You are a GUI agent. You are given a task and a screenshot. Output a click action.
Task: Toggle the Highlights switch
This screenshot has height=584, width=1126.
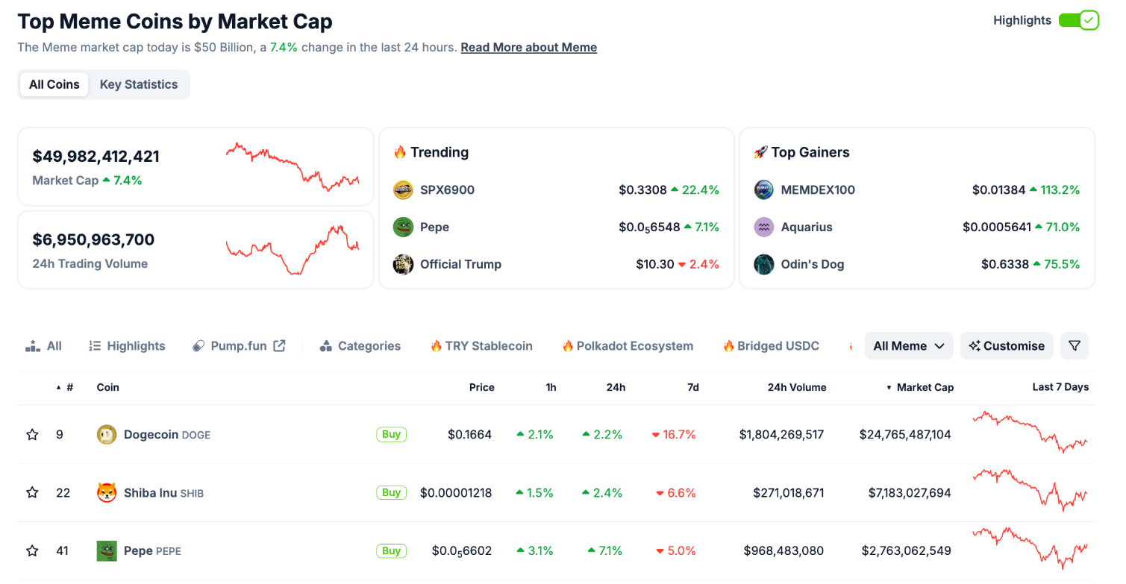click(1078, 20)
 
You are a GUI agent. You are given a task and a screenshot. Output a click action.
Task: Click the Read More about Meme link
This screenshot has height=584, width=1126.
click(528, 47)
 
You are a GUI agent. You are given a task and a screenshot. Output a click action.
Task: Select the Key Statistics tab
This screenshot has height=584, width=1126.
click(139, 84)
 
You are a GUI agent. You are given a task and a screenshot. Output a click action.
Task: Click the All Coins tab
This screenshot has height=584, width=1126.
click(54, 84)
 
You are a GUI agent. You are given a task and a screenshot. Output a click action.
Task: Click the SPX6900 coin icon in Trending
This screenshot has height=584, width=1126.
click(403, 190)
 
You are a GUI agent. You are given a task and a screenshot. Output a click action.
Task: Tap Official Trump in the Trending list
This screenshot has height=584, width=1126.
click(460, 264)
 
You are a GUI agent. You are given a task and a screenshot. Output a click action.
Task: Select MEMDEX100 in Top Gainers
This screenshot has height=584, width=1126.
click(818, 189)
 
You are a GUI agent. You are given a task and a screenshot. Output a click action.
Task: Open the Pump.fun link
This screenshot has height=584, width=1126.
click(239, 346)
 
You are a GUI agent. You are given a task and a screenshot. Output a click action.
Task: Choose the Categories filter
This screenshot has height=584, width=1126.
click(360, 346)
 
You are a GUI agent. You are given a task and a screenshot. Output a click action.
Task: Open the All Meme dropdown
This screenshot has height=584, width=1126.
click(908, 346)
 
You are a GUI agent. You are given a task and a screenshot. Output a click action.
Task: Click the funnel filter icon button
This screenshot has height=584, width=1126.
click(1074, 346)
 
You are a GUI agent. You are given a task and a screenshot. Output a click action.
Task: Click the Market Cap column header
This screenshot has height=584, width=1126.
click(925, 387)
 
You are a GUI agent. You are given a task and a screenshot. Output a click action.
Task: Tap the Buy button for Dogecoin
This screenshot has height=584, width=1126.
click(391, 434)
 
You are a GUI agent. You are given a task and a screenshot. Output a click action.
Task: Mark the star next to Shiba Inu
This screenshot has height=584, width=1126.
click(32, 492)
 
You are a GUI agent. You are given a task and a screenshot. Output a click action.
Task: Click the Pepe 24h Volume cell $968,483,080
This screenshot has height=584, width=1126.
click(783, 551)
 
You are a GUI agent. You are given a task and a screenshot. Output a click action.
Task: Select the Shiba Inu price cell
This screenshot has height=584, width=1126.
click(456, 492)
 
